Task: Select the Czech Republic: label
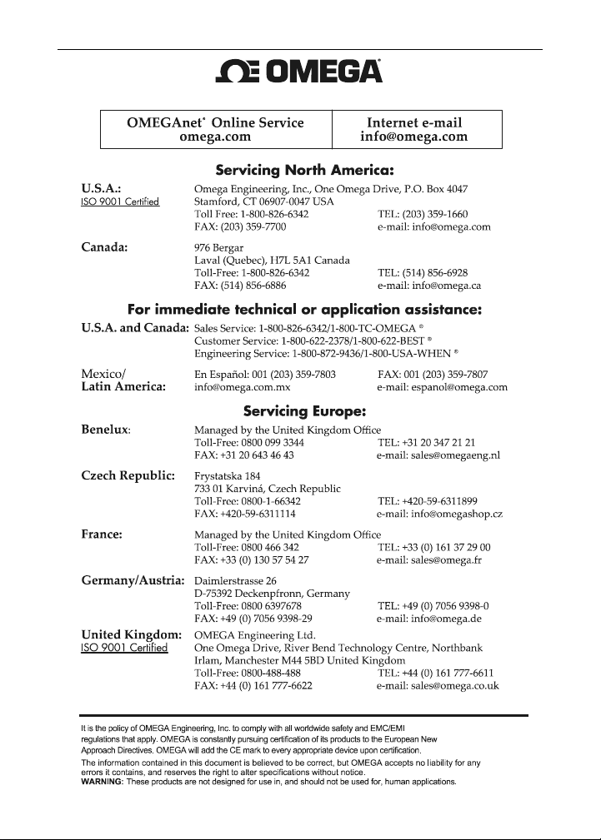coord(127,476)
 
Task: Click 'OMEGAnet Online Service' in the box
coord(216,122)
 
